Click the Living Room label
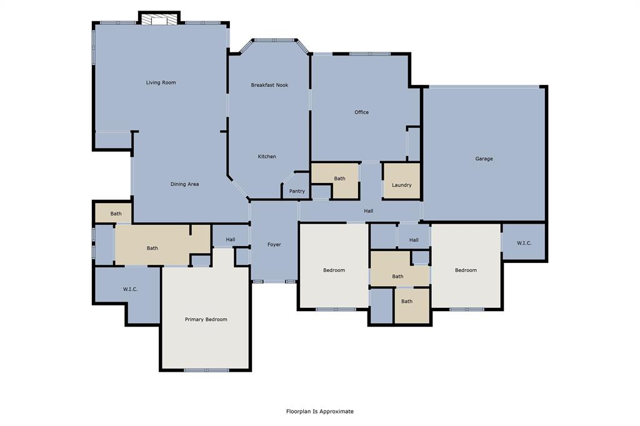click(x=161, y=82)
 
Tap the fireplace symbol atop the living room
click(x=159, y=21)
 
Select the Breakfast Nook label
click(x=269, y=85)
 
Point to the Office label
click(x=361, y=112)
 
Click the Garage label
click(x=484, y=159)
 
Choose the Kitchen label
click(x=267, y=156)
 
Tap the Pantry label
click(x=297, y=191)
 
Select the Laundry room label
click(x=401, y=185)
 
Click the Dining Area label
click(x=184, y=184)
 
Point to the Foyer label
click(x=274, y=244)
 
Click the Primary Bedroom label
click(x=206, y=319)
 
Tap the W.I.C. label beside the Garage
click(x=524, y=243)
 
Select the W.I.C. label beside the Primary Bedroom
click(x=130, y=289)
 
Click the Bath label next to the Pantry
click(x=339, y=179)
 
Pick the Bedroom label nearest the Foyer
click(x=334, y=270)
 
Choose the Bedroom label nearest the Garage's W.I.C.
click(x=466, y=270)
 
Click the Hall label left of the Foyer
click(x=230, y=239)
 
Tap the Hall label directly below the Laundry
click(x=413, y=240)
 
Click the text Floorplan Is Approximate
click(x=320, y=411)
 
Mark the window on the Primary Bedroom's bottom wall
click(x=206, y=370)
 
